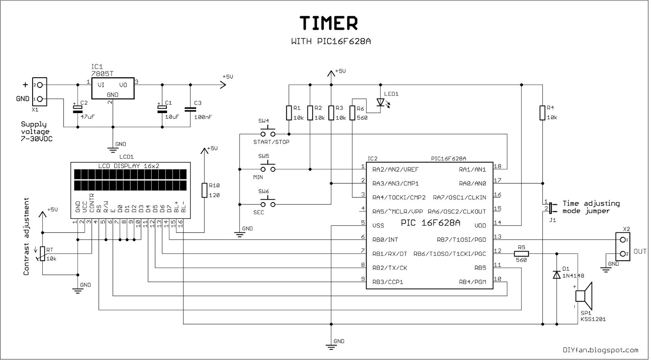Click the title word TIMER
tap(328, 24)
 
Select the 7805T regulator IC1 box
tap(112, 89)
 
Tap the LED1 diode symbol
tap(380, 102)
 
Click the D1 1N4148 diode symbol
tap(556, 275)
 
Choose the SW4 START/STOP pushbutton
tap(267, 133)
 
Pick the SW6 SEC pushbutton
tap(267, 204)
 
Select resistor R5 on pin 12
tap(521, 254)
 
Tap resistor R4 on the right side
tap(542, 113)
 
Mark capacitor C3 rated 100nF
tap(190, 109)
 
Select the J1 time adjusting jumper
tap(550, 208)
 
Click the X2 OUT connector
tap(623, 247)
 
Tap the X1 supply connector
tap(40, 92)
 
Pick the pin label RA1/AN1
tap(472, 169)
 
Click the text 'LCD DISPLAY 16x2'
tap(129, 166)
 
